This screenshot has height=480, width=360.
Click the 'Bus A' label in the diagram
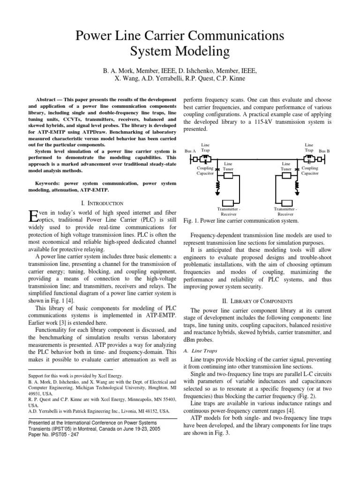(x=191, y=151)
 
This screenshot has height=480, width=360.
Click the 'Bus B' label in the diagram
(x=324, y=151)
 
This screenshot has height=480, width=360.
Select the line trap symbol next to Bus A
(x=205, y=158)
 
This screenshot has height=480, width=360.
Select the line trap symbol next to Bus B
(x=309, y=158)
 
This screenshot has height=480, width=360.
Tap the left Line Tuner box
(x=228, y=175)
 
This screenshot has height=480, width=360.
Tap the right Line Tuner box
(x=285, y=175)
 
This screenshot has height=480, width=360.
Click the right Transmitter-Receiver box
(x=285, y=197)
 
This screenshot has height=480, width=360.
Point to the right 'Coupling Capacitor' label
(x=309, y=170)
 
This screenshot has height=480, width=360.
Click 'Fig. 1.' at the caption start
(x=191, y=220)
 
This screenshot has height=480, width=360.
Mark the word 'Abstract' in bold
(x=48, y=100)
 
